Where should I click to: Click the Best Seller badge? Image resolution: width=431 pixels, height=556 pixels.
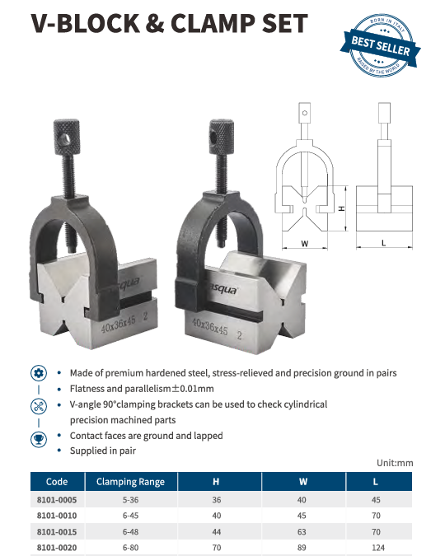coord(380,45)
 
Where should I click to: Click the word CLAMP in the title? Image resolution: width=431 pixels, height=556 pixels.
coord(213,24)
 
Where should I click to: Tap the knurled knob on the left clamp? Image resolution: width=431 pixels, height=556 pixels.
coord(66,138)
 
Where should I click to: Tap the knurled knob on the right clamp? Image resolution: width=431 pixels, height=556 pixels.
coord(222,137)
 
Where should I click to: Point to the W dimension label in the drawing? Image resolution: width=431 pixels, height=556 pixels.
coord(304,244)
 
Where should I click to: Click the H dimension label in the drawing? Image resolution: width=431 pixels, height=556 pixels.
coord(342,208)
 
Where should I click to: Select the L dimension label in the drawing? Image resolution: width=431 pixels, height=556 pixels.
coord(383,243)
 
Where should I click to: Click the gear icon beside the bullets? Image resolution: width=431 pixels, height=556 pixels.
coord(39,373)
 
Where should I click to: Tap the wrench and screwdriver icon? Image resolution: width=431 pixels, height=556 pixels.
coord(39,406)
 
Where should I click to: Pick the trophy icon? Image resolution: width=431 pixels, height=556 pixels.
coord(39,439)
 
